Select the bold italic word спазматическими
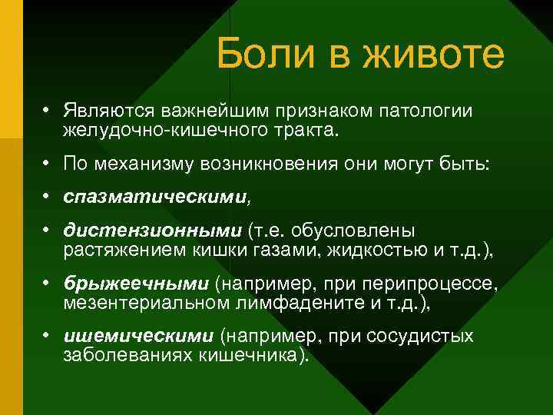click(x=156, y=198)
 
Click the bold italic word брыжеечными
click(x=136, y=285)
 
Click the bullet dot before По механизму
click(x=47, y=164)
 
